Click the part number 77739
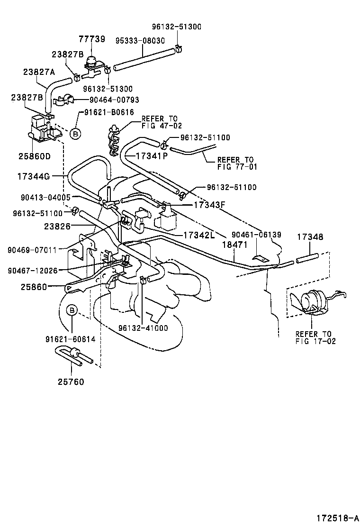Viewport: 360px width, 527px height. (x=92, y=39)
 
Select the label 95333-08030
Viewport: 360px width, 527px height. (x=140, y=41)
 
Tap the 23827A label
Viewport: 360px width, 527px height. (x=39, y=72)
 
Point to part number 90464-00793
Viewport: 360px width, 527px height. (x=108, y=100)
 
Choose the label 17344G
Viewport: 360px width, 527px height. (x=34, y=176)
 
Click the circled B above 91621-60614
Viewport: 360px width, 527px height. (x=72, y=310)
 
